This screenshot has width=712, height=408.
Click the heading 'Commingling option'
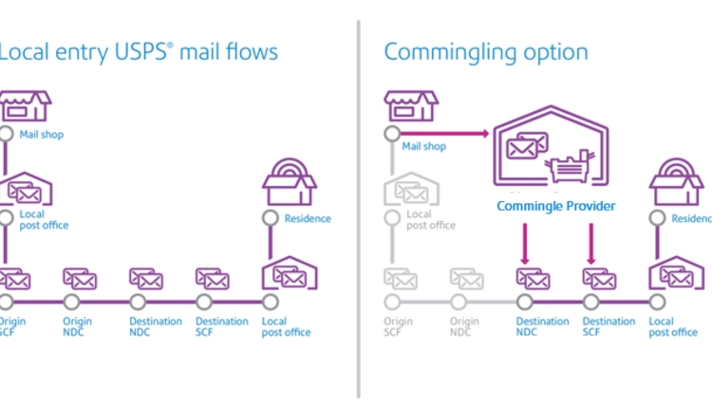[485, 51]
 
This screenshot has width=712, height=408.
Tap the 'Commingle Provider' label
[555, 206]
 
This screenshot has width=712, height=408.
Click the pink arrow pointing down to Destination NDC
[525, 245]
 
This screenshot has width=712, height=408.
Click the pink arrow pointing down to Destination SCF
[592, 245]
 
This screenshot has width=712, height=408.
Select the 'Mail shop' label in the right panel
[423, 147]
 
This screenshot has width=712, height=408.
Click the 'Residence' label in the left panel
[308, 218]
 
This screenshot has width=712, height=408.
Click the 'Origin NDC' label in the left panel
[78, 326]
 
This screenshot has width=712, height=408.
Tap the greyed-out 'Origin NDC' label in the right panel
[463, 326]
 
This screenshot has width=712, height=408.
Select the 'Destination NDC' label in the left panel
[156, 326]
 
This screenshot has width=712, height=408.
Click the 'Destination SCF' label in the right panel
[609, 326]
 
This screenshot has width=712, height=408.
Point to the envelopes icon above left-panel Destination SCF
[212, 279]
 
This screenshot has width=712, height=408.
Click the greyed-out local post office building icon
[408, 190]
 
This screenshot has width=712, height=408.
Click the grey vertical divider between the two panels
[358, 209]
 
